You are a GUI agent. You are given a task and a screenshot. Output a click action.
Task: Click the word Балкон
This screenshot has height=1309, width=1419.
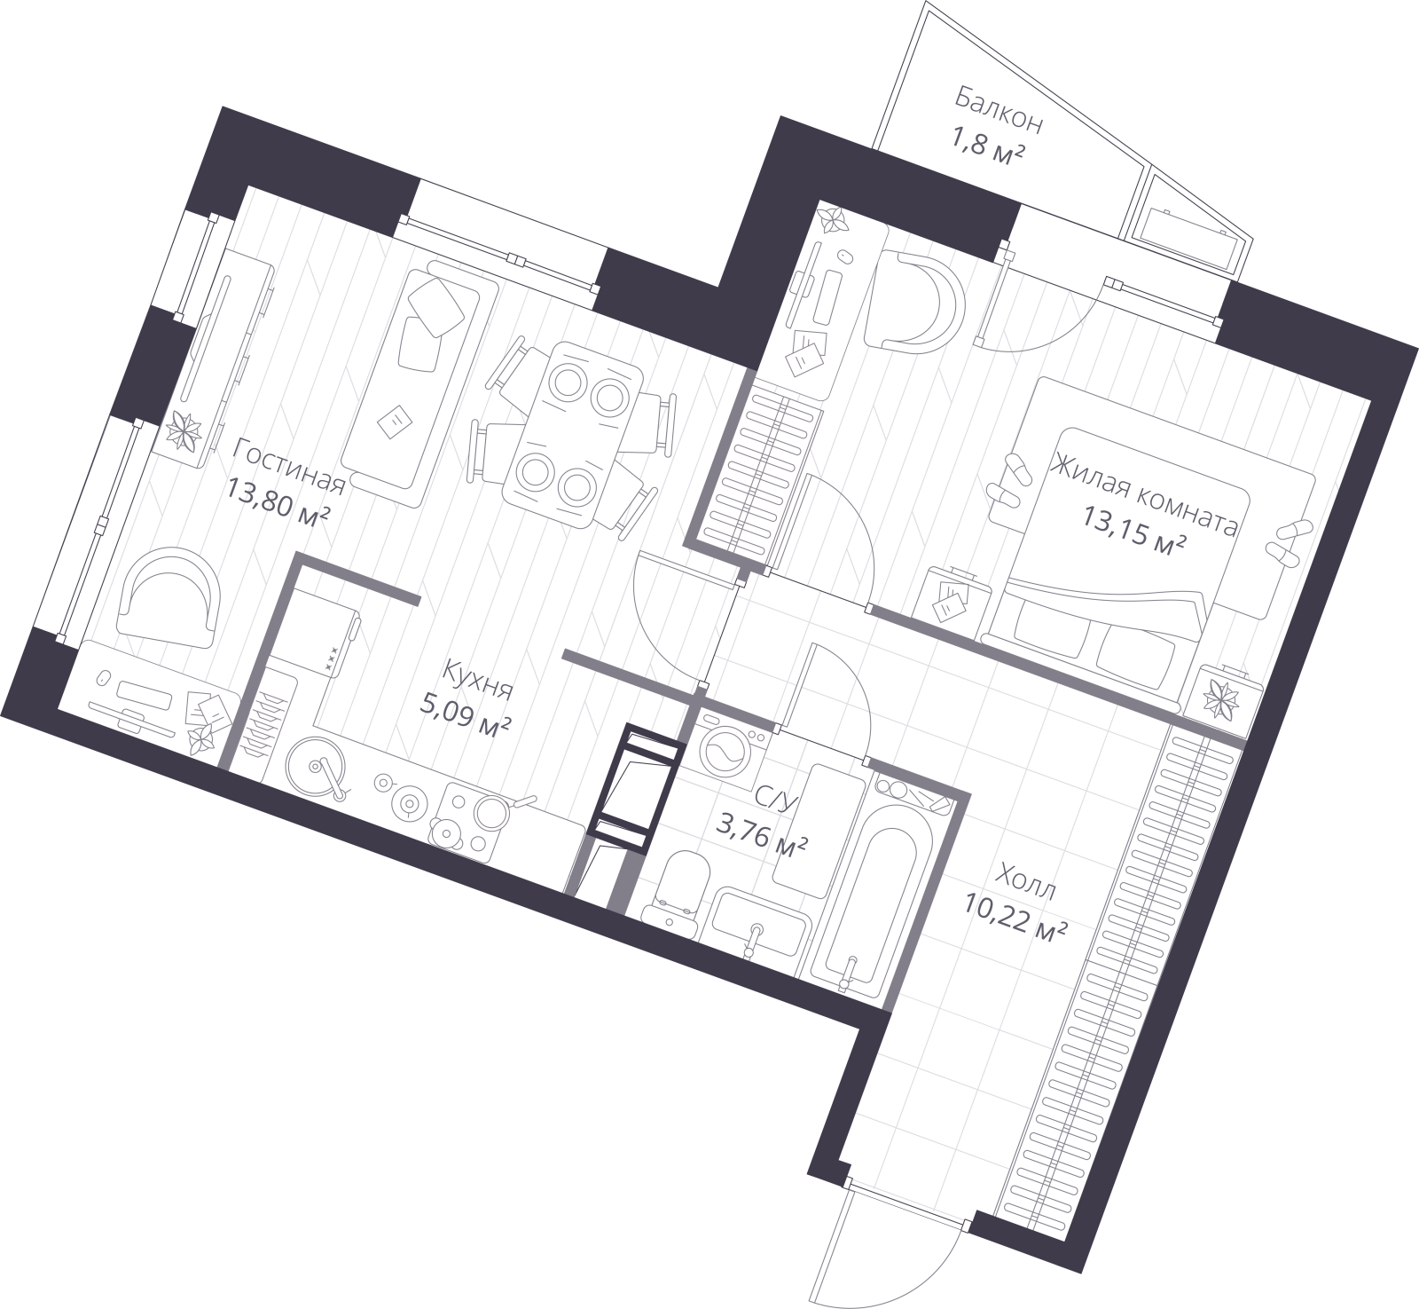[x=998, y=111]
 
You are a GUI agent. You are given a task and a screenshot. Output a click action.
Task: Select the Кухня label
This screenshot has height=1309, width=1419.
[x=478, y=680]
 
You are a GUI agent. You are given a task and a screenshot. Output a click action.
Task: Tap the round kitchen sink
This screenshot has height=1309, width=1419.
[x=317, y=767]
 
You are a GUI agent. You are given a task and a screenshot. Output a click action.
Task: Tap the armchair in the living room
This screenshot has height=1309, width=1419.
[x=169, y=599]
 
